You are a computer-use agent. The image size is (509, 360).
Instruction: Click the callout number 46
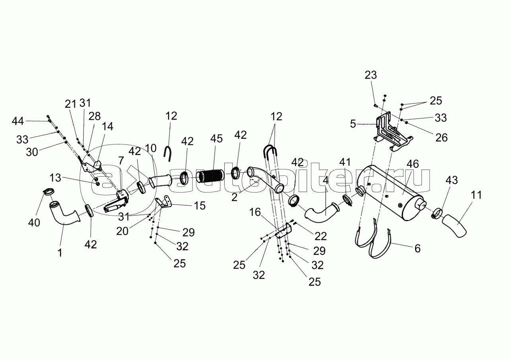click(412, 164)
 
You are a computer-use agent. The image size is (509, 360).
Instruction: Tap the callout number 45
click(216, 139)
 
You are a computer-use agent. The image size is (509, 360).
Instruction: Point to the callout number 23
click(371, 75)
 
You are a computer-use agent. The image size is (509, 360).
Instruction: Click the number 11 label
click(476, 195)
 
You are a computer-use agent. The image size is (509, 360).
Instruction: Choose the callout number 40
click(34, 222)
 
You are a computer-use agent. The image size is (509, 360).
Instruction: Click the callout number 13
click(56, 178)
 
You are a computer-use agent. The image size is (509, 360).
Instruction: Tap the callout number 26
click(441, 138)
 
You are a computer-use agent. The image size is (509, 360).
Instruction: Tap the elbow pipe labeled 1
click(64, 216)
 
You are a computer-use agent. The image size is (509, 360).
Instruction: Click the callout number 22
click(320, 236)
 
